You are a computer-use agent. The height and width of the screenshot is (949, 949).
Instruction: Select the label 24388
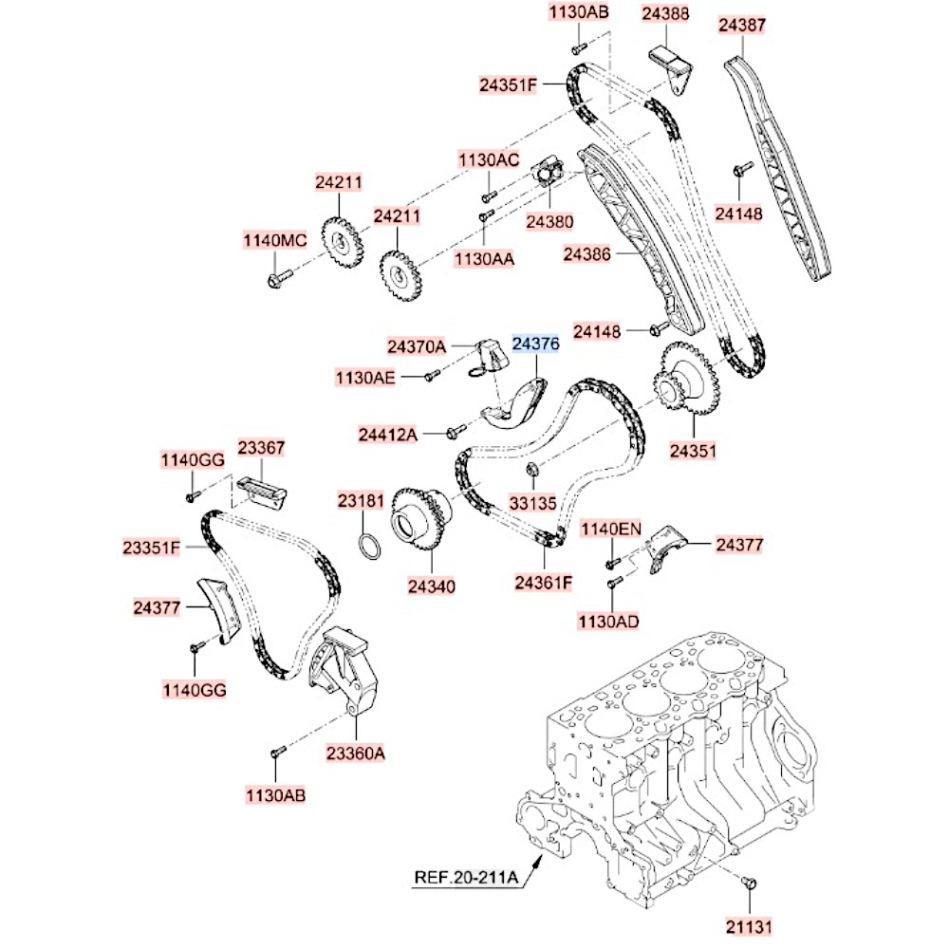[665, 14]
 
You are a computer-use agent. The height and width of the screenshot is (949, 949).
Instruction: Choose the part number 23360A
[356, 754]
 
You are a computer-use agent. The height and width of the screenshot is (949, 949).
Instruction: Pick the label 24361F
[544, 582]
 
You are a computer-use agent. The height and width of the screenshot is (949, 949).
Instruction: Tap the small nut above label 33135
[533, 467]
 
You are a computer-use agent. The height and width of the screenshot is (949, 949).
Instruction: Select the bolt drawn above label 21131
[749, 883]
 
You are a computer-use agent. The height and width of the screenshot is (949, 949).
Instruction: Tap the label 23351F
[152, 547]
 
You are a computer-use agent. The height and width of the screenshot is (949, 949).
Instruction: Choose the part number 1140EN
[612, 529]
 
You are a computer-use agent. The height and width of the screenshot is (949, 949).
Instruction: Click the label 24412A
[387, 435]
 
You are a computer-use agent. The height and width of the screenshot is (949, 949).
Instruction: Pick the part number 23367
[261, 447]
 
